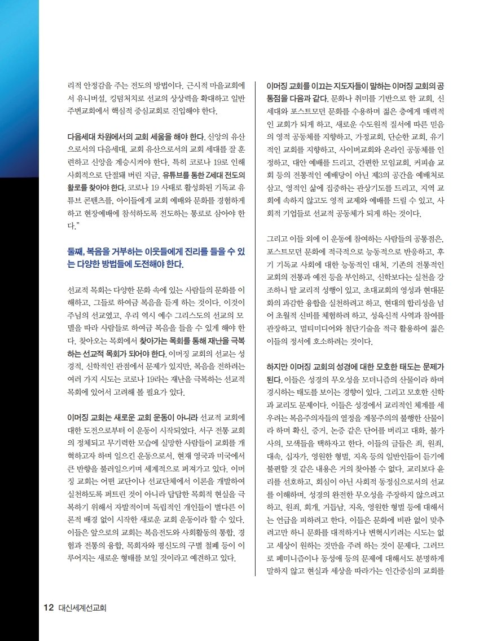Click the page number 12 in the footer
click(49, 608)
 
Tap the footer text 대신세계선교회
click(82, 608)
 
